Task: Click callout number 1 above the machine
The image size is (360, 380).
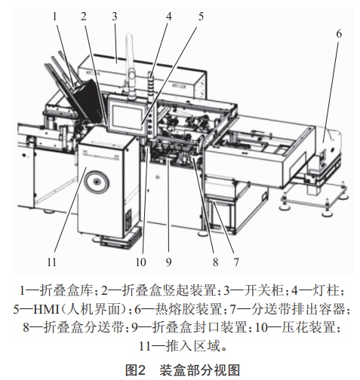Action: coord(55,17)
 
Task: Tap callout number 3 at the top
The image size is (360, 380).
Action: coord(115,17)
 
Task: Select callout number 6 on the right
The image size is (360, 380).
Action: coord(339,34)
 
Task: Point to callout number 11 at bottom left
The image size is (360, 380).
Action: coord(51,262)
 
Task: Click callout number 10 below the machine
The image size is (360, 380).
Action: coord(141,262)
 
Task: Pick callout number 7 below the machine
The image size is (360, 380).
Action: coord(236,262)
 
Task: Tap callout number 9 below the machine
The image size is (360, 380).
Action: coord(168,262)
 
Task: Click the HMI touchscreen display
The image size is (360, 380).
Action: coord(127,117)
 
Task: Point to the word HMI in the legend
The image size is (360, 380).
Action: coord(46,309)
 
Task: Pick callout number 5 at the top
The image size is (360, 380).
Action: coord(201,17)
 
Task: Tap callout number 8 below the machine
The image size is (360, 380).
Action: coord(215,262)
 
